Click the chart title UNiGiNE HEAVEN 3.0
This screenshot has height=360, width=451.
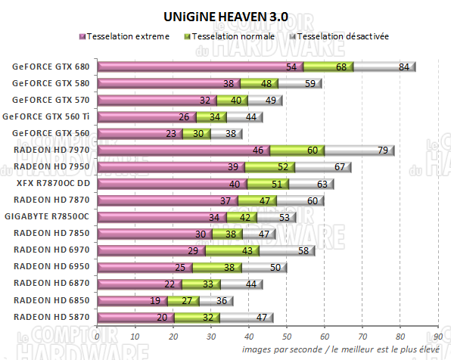tap(225, 16)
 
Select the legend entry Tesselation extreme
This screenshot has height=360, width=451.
tap(128, 36)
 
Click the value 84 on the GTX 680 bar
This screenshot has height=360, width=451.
tap(404, 67)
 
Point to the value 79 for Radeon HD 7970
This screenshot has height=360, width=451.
tap(383, 151)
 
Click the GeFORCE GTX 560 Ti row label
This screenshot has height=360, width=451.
tap(47, 117)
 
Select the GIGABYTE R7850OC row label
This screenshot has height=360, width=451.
tap(51, 216)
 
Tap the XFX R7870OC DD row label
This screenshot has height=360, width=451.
tap(51, 183)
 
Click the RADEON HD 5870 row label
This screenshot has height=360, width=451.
tap(51, 316)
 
